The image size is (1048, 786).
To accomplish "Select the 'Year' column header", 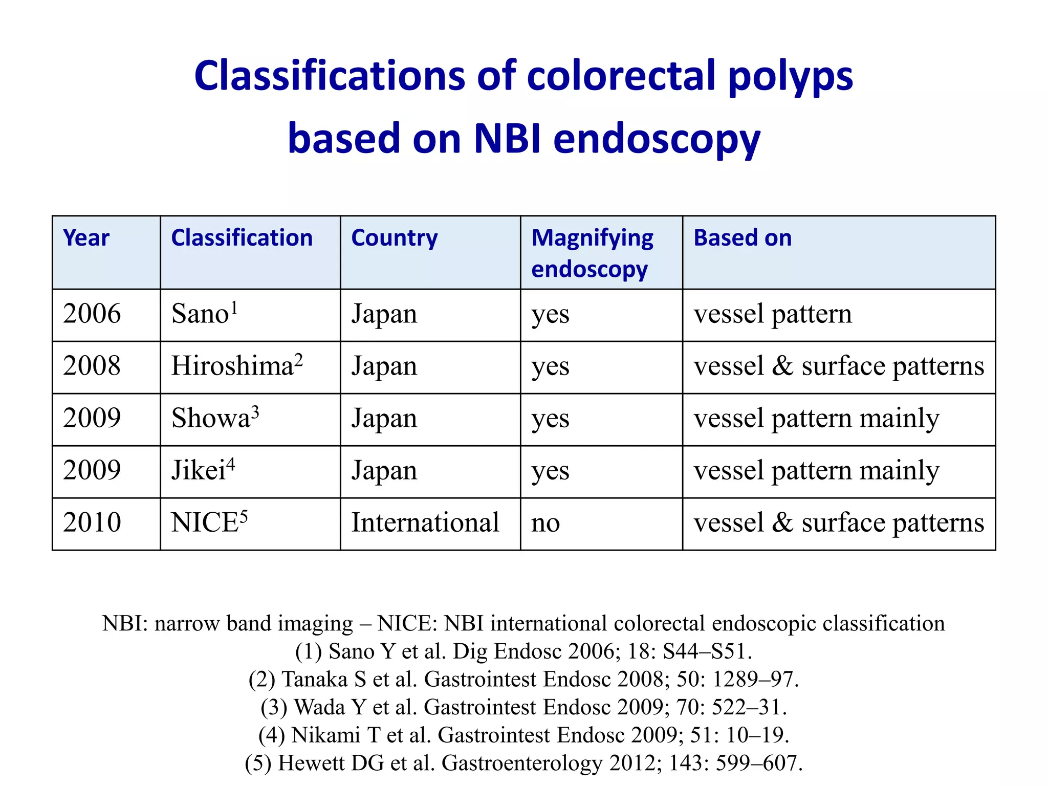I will coord(86,238).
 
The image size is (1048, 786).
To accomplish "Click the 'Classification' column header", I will coord(242,238).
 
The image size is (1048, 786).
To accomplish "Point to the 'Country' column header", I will coord(394,238).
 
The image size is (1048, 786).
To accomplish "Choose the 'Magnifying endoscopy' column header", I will coord(592,253).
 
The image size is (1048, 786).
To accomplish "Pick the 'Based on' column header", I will coord(742,238).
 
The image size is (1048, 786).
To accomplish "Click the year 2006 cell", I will coord(92,314).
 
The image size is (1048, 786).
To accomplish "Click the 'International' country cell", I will coord(425,523).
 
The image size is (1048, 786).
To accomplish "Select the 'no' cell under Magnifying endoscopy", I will coord(545,523).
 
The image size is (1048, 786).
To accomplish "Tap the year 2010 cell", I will coord(92,522).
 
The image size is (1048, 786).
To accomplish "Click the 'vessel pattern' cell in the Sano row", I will coord(772,314).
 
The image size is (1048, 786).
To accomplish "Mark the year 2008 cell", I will coord(92,366).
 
